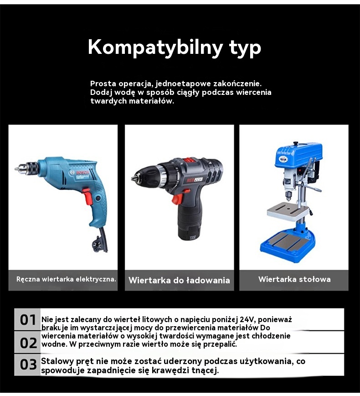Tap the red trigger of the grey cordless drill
point(178,197)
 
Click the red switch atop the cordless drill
point(187,160)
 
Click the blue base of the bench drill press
point(288,246)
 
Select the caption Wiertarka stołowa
point(294,279)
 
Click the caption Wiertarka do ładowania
point(179,280)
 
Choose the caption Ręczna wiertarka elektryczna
point(66,279)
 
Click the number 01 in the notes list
point(28,320)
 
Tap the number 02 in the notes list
point(28,343)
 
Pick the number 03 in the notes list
point(28,365)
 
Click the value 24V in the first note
point(248,320)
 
